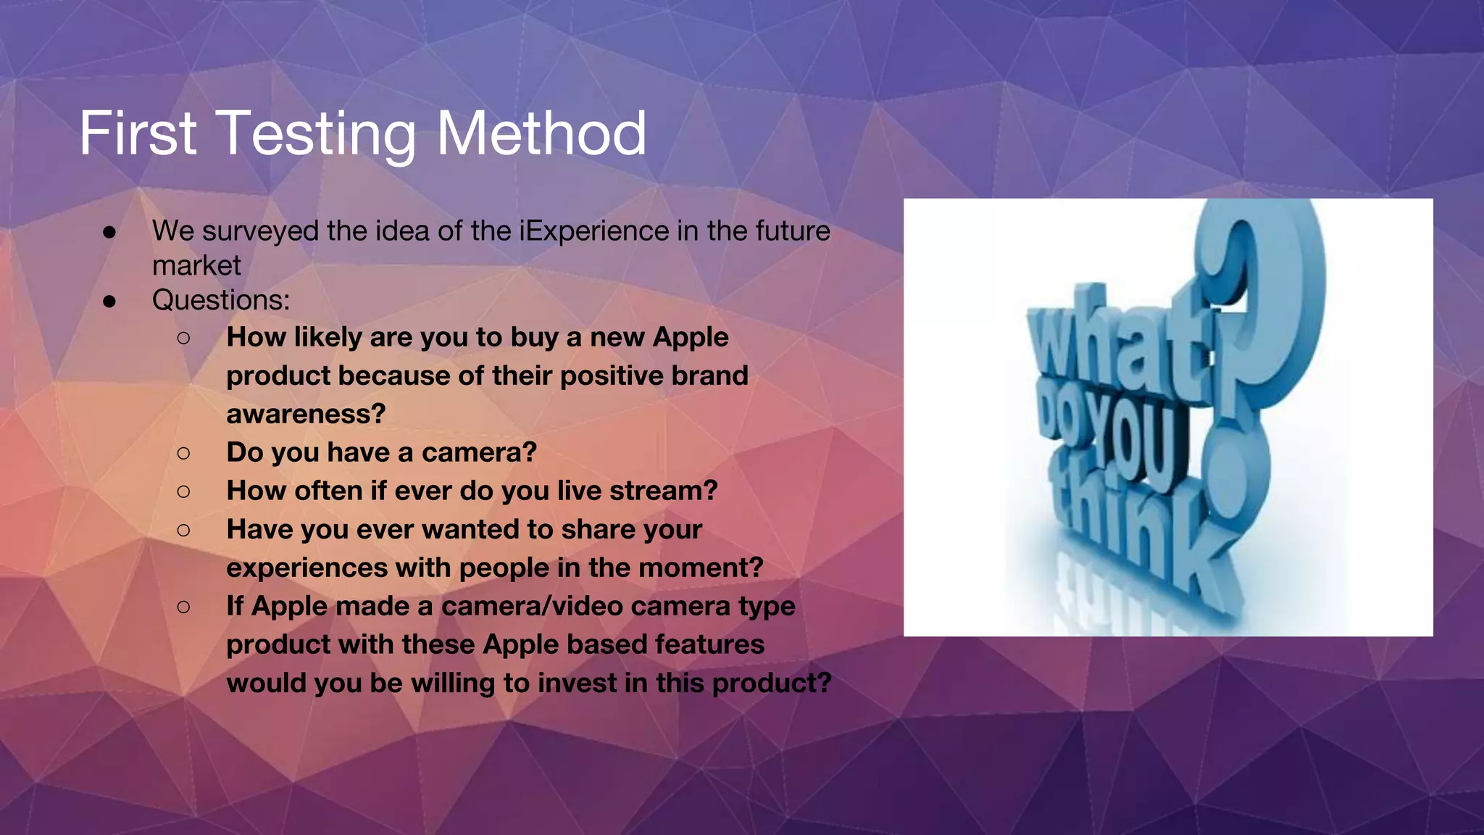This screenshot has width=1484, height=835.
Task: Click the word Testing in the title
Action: [317, 134]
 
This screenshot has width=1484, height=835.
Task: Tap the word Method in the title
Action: [541, 134]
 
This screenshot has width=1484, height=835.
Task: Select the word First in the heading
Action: [138, 134]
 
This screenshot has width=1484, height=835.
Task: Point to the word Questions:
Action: [221, 300]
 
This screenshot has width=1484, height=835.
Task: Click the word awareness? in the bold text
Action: [306, 414]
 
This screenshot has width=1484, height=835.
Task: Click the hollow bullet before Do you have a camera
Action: [183, 453]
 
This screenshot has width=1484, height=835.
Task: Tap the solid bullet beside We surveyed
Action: [109, 232]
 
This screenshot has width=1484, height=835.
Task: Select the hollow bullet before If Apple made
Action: [183, 607]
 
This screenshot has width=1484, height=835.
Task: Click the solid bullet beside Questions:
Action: [109, 301]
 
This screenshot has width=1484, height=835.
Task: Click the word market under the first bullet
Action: [196, 266]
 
